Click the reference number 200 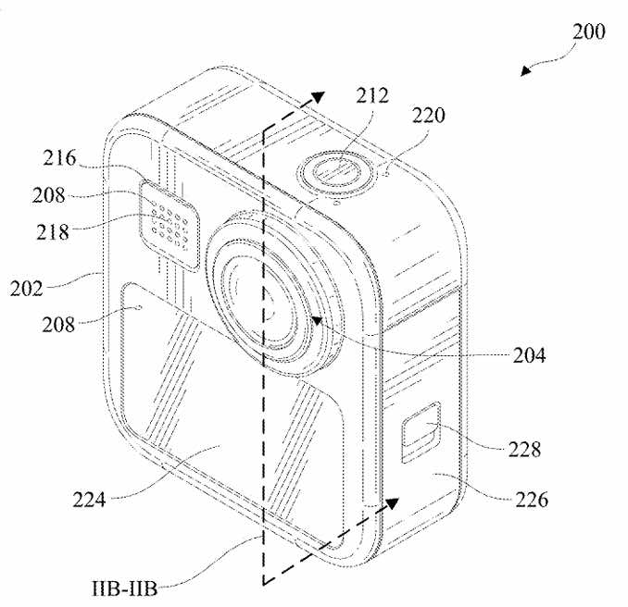588,31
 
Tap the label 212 372,95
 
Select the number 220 429,116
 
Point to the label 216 59,157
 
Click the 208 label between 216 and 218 48,195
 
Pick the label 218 53,232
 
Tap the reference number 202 27,289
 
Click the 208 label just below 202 58,325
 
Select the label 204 529,355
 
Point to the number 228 524,450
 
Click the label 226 532,500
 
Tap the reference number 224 89,500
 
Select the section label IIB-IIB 124,589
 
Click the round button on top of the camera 337,173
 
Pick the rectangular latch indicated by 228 421,432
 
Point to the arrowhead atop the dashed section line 319,97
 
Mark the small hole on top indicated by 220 387,174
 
